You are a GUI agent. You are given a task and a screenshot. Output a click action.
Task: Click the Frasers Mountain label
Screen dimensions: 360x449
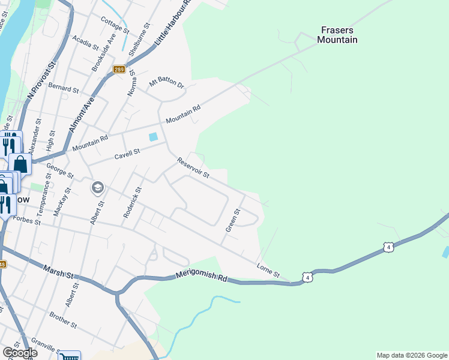(338, 35)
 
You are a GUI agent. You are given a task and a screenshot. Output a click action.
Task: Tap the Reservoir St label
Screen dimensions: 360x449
(193, 168)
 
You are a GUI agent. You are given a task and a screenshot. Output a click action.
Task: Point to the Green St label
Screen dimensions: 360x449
(232, 220)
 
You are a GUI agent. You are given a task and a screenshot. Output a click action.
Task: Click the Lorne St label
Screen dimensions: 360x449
(268, 270)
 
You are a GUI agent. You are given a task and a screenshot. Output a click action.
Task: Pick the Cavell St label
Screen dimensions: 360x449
(127, 155)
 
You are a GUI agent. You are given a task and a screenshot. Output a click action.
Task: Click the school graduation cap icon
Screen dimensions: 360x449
(97, 188)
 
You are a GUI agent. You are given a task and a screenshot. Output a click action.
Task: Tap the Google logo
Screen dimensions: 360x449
(19, 353)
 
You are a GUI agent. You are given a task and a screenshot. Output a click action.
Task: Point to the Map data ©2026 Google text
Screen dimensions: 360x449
(412, 355)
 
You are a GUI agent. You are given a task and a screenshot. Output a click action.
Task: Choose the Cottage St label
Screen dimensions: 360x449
(115, 25)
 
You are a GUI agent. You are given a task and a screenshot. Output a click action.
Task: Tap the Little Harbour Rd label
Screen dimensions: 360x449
(173, 25)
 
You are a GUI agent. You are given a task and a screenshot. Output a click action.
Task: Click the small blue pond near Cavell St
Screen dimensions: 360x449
(153, 137)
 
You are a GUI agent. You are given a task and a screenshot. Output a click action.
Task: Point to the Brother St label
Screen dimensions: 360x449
(64, 320)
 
